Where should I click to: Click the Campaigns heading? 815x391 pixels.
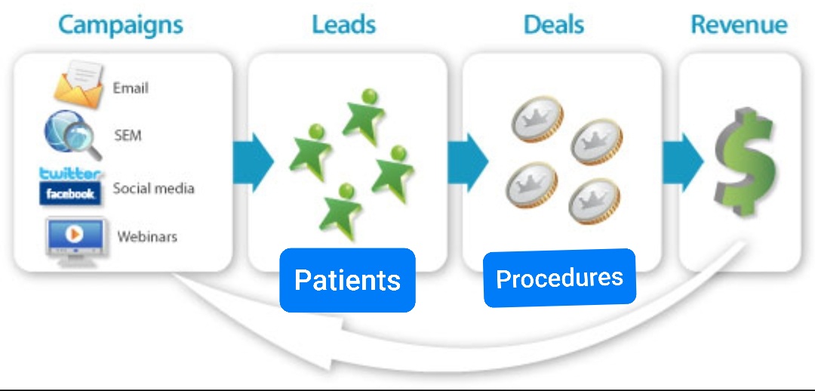click(x=121, y=25)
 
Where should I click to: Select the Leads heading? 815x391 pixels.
click(x=344, y=25)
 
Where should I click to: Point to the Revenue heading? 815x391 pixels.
click(x=739, y=25)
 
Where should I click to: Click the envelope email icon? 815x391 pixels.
click(x=78, y=85)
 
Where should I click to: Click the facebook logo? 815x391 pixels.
click(x=70, y=194)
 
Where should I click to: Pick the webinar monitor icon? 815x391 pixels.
click(x=75, y=237)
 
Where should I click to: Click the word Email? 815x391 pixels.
click(x=131, y=88)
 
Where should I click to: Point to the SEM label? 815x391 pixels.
click(x=128, y=137)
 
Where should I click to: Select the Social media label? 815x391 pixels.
click(x=153, y=188)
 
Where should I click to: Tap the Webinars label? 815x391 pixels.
click(x=147, y=236)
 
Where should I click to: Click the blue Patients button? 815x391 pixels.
click(x=347, y=280)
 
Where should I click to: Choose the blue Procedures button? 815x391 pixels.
click(x=559, y=278)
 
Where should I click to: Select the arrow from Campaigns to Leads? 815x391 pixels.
click(x=253, y=162)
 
